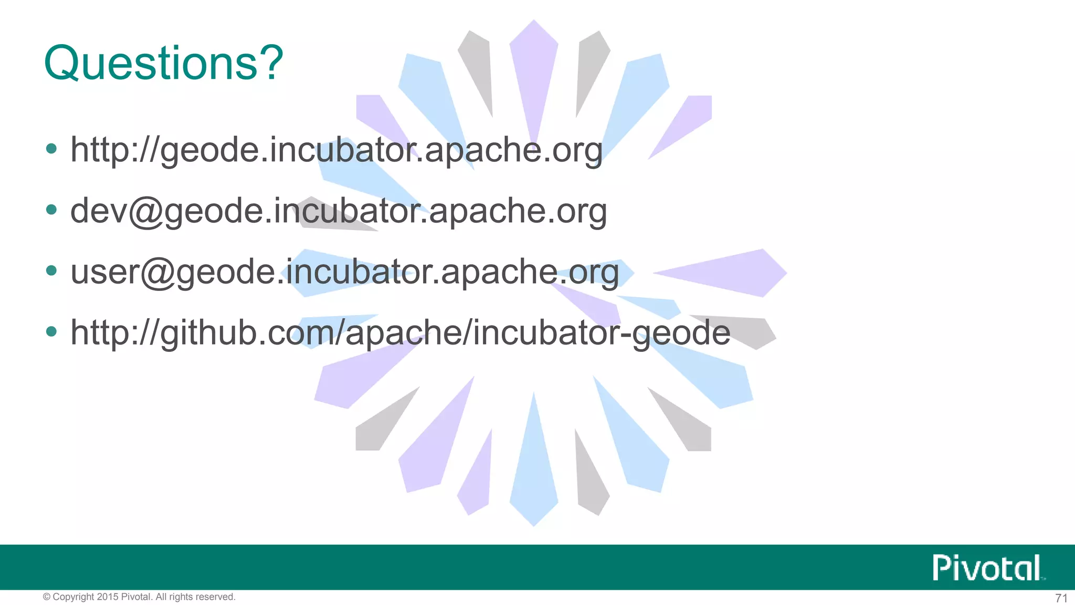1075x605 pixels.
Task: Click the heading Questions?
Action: click(163, 63)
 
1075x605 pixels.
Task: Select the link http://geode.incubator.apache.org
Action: click(336, 150)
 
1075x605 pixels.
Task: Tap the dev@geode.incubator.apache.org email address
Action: click(339, 211)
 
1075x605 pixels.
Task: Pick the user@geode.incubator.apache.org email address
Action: click(345, 272)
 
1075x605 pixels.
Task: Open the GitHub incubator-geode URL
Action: click(400, 333)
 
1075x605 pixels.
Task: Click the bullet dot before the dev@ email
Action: click(51, 210)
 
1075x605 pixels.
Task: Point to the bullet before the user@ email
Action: click(51, 271)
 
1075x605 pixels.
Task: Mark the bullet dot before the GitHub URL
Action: click(51, 332)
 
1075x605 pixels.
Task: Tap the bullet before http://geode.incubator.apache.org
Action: click(51, 149)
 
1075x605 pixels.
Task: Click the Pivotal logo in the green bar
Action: click(988, 568)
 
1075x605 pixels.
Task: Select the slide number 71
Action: click(1061, 598)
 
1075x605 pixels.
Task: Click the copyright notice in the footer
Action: click(139, 597)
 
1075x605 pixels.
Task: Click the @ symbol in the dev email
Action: click(146, 212)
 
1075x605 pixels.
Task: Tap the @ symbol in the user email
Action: click(157, 273)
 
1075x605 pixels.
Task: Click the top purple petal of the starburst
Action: click(534, 74)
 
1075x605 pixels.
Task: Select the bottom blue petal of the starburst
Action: click(534, 473)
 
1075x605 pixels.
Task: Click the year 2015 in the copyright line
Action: click(108, 597)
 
